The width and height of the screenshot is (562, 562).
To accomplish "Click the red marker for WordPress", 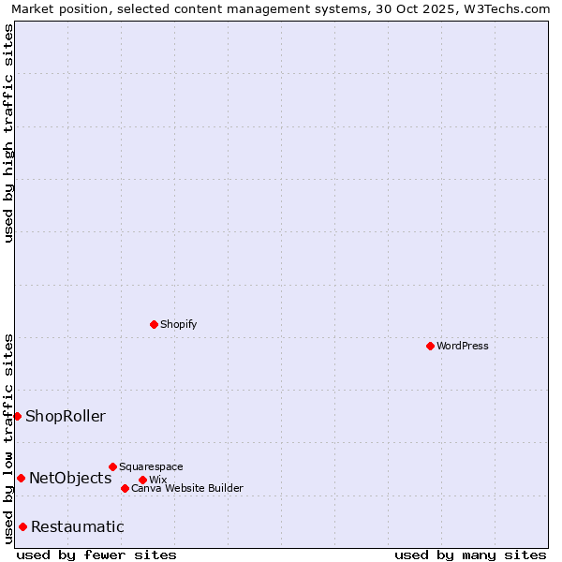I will [x=430, y=346].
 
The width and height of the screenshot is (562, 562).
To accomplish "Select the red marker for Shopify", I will [x=154, y=324].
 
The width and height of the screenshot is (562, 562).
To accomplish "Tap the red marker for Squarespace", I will [x=112, y=466].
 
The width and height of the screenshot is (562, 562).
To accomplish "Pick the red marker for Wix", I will [x=142, y=480].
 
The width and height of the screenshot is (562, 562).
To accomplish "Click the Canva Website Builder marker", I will [x=125, y=488].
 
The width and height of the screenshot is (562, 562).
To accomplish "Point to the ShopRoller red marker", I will [x=17, y=416].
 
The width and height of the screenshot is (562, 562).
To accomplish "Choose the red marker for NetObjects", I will [x=21, y=478].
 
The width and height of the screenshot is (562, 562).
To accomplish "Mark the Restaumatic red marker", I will [x=22, y=526].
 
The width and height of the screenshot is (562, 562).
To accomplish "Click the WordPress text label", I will [x=463, y=346].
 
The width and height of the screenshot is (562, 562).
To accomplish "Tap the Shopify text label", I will [x=178, y=324].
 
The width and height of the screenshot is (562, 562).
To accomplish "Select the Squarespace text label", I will [x=151, y=466].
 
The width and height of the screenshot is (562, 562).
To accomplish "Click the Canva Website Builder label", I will [x=186, y=488].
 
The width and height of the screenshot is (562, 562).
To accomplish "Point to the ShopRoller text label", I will [x=66, y=416].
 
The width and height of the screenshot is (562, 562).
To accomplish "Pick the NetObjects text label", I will [x=70, y=478].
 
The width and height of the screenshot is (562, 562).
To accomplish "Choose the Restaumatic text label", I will [x=77, y=526].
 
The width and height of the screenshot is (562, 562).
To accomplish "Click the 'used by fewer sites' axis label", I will [x=96, y=555].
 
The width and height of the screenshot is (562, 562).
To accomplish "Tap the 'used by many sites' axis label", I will [x=470, y=555].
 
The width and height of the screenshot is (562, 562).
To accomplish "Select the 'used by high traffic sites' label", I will [x=8, y=133].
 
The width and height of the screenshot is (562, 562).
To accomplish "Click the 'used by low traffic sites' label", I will [x=8, y=438].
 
